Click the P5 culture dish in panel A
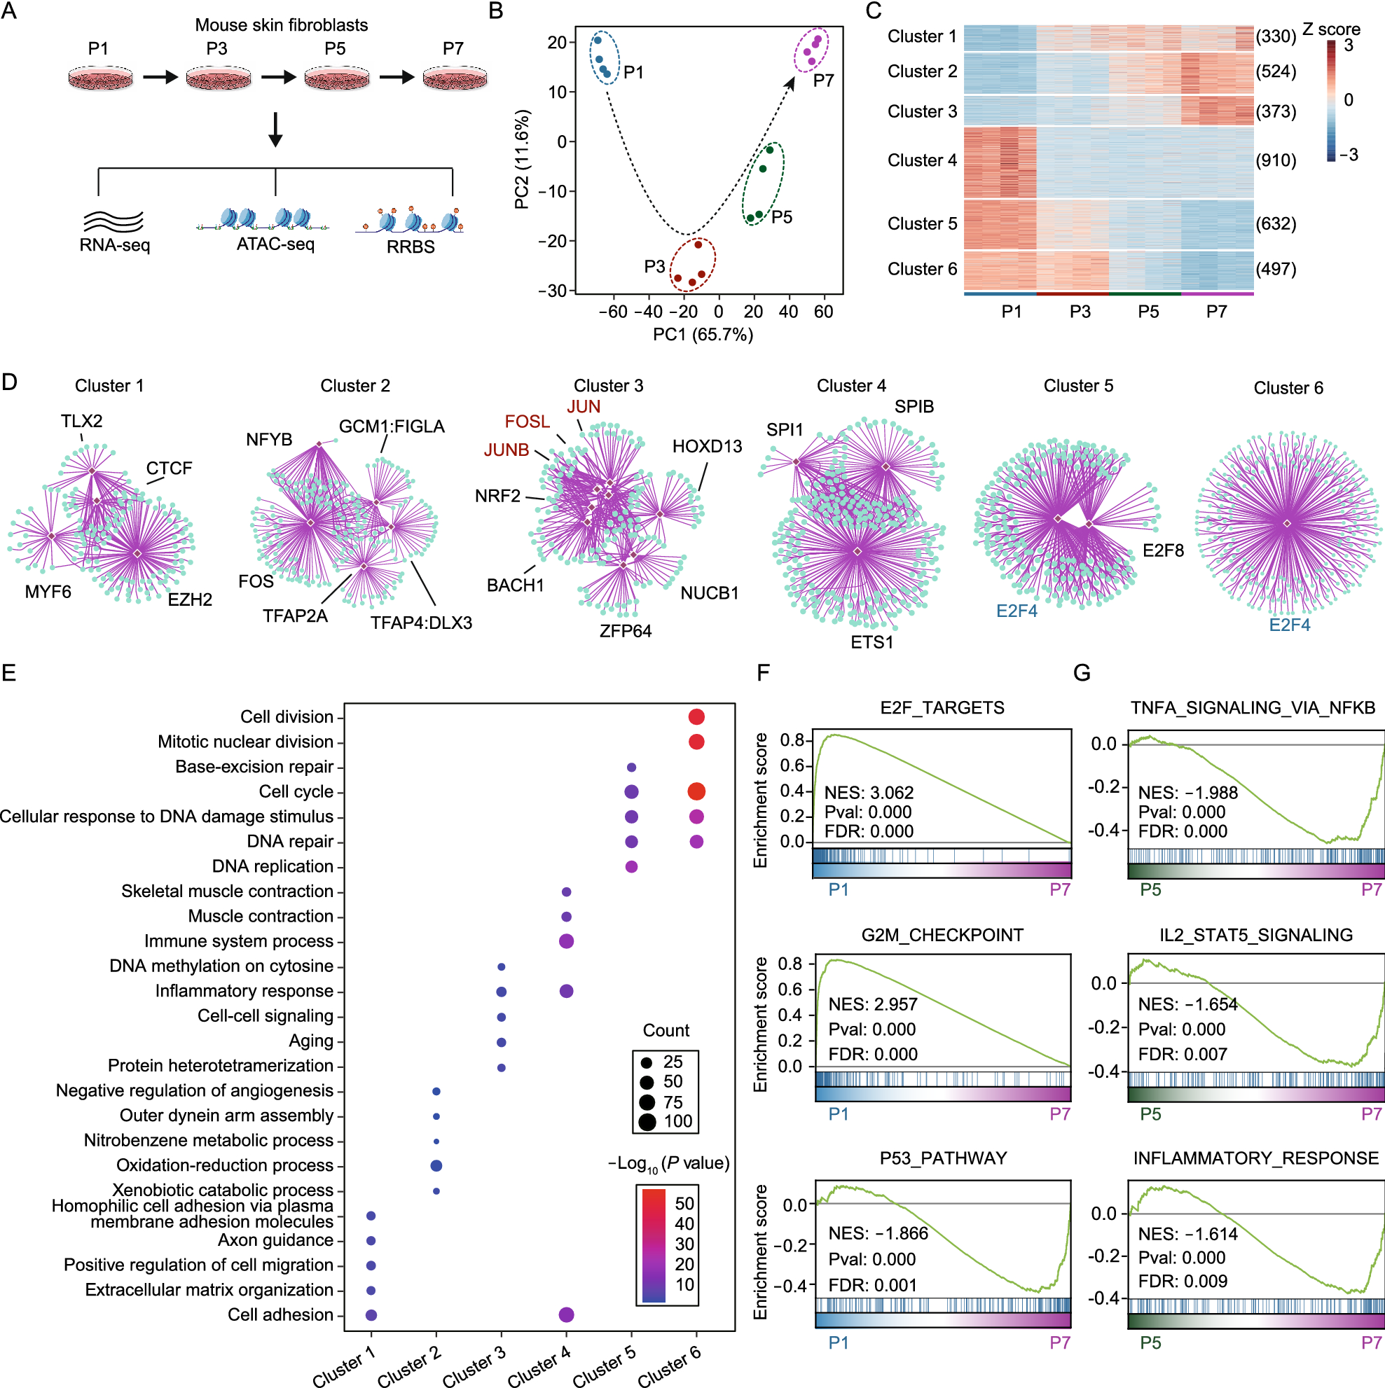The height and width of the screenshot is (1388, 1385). [336, 78]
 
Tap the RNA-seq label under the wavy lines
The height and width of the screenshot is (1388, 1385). [115, 245]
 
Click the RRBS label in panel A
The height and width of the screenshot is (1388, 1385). [411, 247]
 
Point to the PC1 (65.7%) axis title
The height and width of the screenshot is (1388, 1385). [702, 335]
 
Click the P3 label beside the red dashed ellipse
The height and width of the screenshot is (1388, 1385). [654, 267]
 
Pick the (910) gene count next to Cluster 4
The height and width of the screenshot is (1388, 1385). [1276, 160]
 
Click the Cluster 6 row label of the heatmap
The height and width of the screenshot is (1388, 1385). [921, 269]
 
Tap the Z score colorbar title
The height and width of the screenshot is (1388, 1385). [1331, 29]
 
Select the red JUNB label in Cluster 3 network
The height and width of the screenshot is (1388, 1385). [506, 450]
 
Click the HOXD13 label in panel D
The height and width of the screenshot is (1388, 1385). [707, 446]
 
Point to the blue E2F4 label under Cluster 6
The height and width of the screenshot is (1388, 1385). [1290, 624]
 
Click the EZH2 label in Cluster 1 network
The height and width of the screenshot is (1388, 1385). [190, 599]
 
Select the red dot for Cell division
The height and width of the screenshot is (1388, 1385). [696, 716]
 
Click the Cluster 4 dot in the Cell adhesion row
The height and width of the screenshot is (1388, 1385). [565, 1314]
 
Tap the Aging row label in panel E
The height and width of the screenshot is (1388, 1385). [310, 1040]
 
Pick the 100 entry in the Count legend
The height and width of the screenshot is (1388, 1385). [677, 1121]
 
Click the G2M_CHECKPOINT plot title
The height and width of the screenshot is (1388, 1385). [942, 935]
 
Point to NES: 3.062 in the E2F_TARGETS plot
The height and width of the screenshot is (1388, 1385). [868, 793]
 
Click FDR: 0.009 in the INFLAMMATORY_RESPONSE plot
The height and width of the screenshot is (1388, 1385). [1183, 1281]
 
